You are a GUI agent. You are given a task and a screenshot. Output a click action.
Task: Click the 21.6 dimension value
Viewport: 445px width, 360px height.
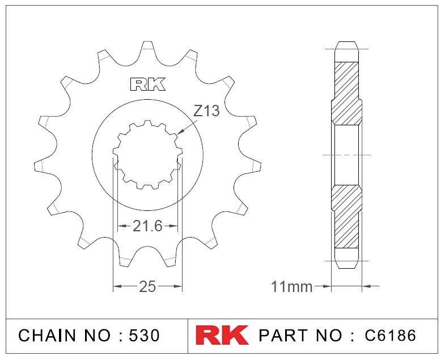(147, 226)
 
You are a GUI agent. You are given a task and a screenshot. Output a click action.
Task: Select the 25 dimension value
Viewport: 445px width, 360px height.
(147, 286)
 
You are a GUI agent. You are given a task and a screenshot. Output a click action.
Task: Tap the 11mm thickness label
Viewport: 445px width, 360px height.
(292, 287)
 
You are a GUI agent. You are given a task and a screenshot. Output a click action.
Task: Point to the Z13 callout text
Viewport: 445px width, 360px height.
(206, 111)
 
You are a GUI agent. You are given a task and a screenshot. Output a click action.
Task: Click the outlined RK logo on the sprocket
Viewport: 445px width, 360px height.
(148, 84)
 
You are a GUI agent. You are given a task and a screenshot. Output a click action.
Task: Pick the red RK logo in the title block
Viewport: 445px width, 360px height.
(222, 335)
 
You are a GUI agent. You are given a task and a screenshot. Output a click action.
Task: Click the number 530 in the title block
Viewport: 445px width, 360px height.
(144, 336)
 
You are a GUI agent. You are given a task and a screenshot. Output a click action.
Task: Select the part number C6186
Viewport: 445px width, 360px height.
(390, 336)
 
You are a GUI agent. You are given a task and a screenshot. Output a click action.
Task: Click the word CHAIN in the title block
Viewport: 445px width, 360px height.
(47, 336)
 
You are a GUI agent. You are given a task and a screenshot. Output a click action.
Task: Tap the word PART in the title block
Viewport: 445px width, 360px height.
(283, 336)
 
